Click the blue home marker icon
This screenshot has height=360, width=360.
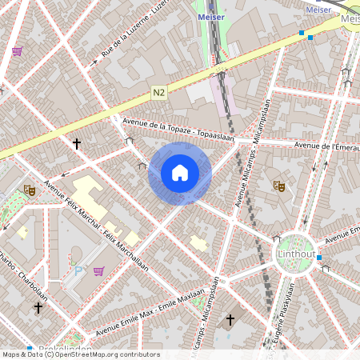tap(180, 173)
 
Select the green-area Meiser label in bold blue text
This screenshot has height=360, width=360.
tap(210, 16)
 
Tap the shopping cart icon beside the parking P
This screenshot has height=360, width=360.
tap(99, 271)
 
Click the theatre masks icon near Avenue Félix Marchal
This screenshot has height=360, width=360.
tap(29, 190)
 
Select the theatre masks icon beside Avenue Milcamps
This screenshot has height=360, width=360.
tap(279, 186)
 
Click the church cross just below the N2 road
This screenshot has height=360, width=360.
tap(77, 144)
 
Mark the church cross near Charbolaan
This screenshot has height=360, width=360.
tap(38, 307)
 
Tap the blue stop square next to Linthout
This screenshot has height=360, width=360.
tap(318, 258)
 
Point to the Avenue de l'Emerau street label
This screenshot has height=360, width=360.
tap(326, 146)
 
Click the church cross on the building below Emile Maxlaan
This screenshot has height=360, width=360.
tap(230, 320)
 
